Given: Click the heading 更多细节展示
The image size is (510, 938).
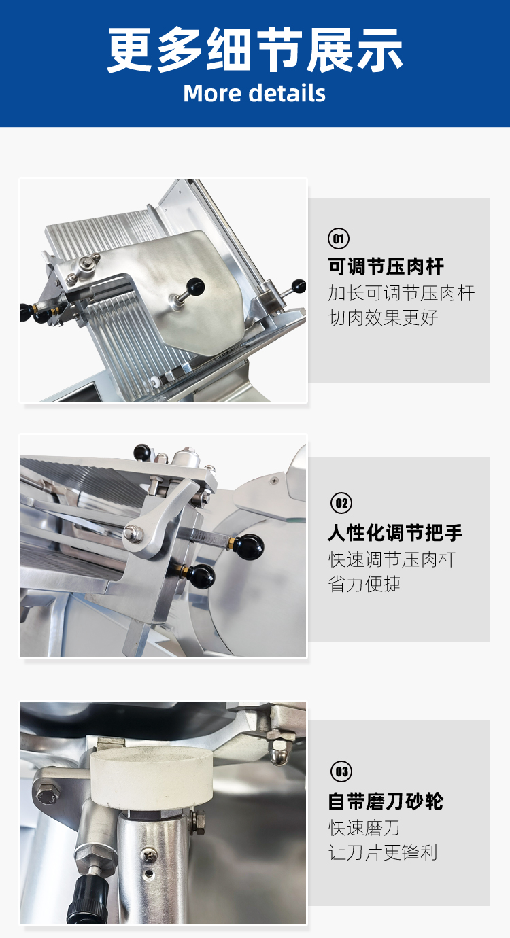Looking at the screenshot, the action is pos(255,50).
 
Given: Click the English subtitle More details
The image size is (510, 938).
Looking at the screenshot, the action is pos(254,93).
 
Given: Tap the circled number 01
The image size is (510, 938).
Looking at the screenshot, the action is pos(339,239).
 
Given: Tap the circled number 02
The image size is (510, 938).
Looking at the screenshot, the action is pos(341,503).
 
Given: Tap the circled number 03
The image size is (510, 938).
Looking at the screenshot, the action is pos(341,771).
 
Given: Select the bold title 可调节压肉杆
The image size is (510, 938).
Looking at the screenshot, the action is pos(386,266).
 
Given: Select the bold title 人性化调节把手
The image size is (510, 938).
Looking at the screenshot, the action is pos(396,533).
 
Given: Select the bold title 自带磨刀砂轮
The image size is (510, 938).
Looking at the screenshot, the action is pos(386,801).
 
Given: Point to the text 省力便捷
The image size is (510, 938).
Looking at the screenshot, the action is pos(364,584).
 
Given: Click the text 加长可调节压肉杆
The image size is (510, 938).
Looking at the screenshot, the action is pos(401,293).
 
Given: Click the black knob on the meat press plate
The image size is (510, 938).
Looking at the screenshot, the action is pos(195,287).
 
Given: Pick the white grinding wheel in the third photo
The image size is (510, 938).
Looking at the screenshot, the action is pos(151,778).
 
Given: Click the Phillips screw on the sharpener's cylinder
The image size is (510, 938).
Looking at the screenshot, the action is pos(149,854).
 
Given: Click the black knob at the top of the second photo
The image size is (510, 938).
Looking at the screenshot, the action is pos(141,452).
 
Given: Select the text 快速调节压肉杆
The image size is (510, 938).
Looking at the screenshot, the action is pos(392,559).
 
